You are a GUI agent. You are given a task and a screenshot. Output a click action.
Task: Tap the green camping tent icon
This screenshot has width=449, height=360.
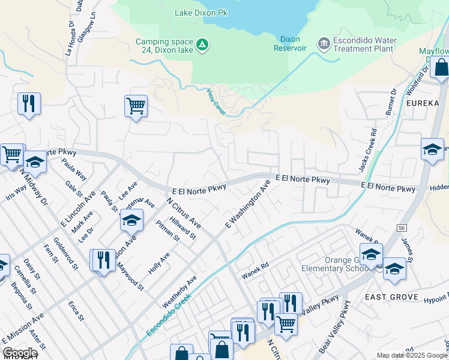[x=203, y=45]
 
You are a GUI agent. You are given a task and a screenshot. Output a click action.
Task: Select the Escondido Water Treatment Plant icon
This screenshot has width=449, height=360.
[x=324, y=44]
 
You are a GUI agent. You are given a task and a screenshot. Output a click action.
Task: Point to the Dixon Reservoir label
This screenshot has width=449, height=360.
[x=291, y=44]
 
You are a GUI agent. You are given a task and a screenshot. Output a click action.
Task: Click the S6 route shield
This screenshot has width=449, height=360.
[x=401, y=229]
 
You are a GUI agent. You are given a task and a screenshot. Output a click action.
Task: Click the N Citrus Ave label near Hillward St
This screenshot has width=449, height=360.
[x=184, y=212]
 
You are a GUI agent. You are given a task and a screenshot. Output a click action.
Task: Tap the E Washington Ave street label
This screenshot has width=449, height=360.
[x=247, y=205]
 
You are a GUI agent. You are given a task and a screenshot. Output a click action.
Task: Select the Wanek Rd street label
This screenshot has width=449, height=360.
[x=255, y=273]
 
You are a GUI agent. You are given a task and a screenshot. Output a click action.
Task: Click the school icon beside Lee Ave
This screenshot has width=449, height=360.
[x=131, y=220]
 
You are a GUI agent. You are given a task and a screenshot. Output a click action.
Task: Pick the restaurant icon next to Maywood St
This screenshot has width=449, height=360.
[x=103, y=260]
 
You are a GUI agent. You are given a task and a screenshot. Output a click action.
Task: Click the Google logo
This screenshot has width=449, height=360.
[x=20, y=353]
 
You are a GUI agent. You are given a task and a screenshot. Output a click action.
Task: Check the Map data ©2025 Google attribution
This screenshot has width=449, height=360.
[x=411, y=355]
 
